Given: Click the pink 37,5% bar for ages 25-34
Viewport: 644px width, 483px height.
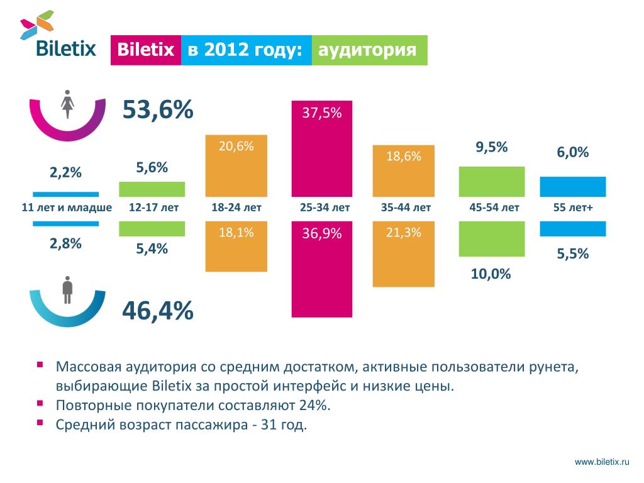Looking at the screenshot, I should tap(321, 148).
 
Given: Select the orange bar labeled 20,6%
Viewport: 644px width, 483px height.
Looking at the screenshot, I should tap(236, 165).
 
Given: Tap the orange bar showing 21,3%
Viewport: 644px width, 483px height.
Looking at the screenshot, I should tap(403, 253).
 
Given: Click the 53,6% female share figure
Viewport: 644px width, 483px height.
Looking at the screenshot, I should tap(157, 111).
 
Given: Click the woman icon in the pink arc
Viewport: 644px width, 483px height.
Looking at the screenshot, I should tap(67, 104).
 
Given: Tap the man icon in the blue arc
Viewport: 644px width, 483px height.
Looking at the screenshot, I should tap(67, 291).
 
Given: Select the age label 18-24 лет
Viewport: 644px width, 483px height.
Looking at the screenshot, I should tap(236, 208).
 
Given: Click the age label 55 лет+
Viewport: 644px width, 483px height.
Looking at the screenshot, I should tap(573, 208).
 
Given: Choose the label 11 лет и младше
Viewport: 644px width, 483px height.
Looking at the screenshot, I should tap(67, 208).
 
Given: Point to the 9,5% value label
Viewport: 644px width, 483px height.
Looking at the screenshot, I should tap(492, 148).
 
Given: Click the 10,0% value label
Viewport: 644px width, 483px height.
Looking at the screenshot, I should tap(491, 274).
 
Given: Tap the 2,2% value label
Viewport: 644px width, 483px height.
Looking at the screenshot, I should tap(66, 173).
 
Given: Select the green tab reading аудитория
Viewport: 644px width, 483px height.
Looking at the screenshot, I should tap(369, 50).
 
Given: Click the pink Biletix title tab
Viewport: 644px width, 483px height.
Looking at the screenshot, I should tap(146, 50).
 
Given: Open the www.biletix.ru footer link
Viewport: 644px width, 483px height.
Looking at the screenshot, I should tap(602, 462).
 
